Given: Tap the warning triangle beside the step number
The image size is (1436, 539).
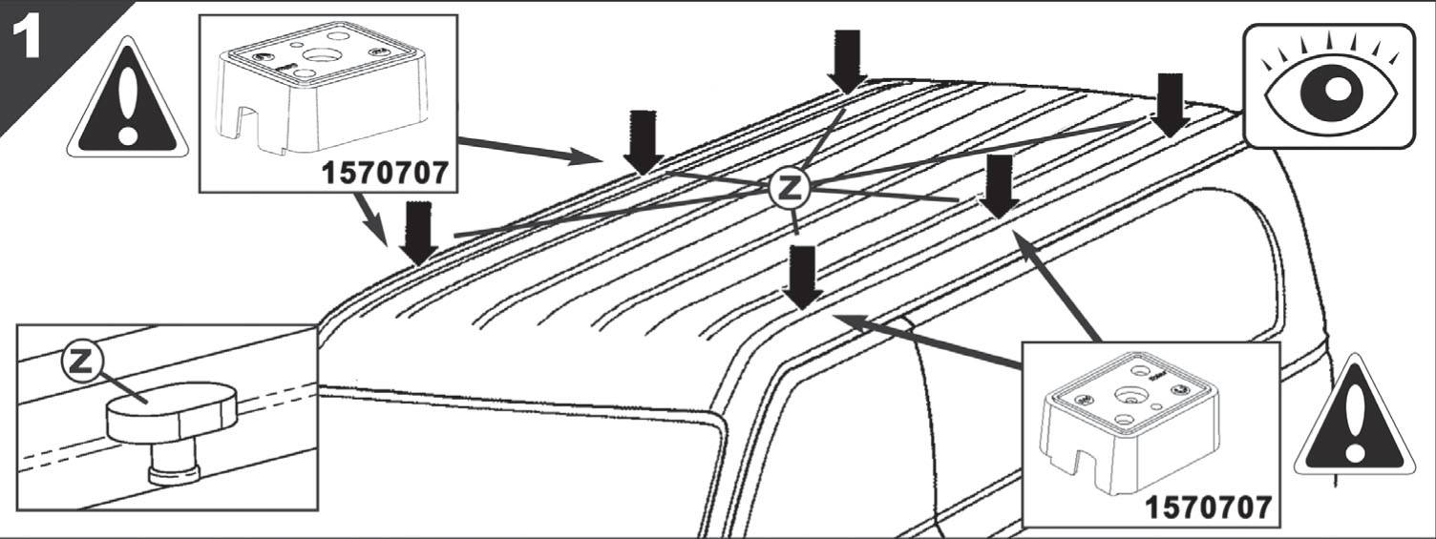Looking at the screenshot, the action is tap(128, 99).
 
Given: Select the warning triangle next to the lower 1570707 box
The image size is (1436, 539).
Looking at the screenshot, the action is tap(1354, 418).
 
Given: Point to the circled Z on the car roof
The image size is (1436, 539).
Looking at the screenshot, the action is tap(790, 186).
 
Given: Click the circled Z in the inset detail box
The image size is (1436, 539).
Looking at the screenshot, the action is tap(81, 362).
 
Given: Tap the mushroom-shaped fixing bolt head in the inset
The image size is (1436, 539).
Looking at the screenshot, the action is tap(172, 411).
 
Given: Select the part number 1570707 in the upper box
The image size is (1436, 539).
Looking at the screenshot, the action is tap(384, 173).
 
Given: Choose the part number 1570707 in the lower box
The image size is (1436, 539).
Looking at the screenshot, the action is tap(1207, 508).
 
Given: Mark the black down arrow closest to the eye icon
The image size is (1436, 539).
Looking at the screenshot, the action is tap(1170, 105).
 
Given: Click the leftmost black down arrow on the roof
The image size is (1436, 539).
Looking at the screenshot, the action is tap(418, 234).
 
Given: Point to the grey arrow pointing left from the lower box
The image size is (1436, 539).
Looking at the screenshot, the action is tap(927, 341).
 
